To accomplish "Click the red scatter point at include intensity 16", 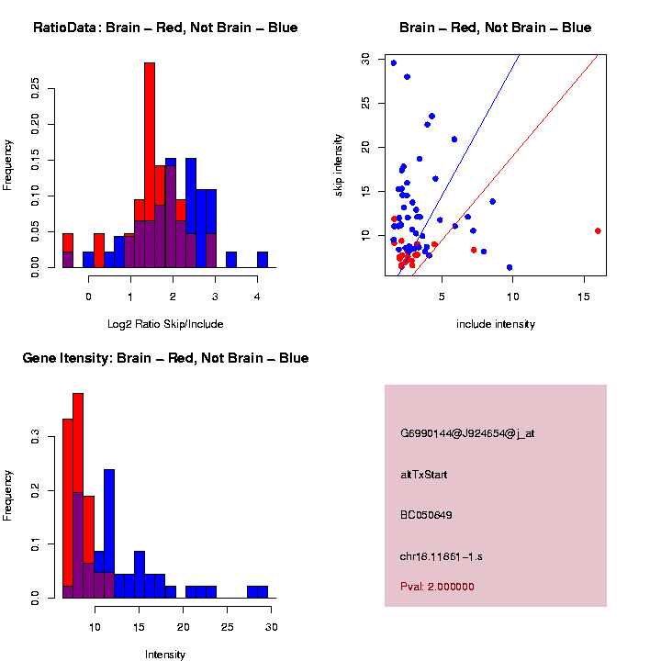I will (598, 231).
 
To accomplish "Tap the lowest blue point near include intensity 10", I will (510, 267).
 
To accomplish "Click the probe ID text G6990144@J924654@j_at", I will (467, 433).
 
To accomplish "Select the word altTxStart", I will (424, 475).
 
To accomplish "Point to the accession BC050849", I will (426, 515).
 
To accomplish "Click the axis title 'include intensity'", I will (496, 324).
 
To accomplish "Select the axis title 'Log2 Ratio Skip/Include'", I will (165, 324).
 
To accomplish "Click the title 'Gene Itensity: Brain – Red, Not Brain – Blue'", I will (165, 358).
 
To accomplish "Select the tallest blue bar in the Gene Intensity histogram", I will (109, 532).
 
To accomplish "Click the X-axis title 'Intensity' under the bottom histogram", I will (165, 655).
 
